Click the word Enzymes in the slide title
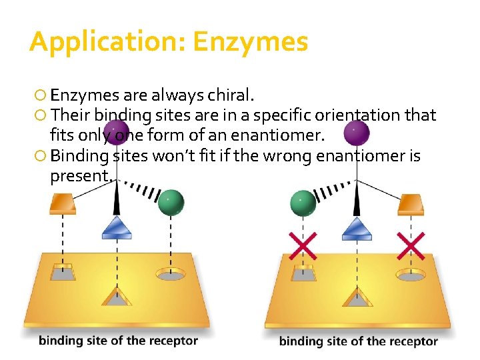250,42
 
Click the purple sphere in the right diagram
357,133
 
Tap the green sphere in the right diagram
303,202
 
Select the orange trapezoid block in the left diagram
63,203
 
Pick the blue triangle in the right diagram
357,229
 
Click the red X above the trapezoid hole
303,247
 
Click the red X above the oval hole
410,247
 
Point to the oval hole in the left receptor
171,273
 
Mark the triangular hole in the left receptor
117,297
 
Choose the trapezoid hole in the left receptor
63,273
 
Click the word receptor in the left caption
174,341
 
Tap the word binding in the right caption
300,342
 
